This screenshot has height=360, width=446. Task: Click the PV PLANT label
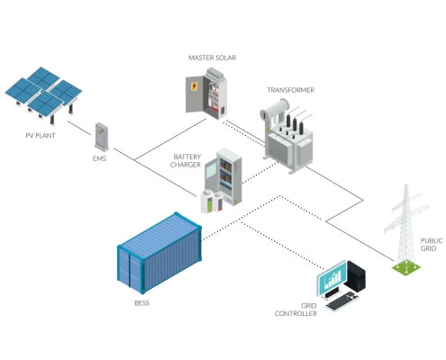(x=41, y=135)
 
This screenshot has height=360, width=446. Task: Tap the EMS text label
(x=99, y=158)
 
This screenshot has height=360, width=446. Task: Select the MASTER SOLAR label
(x=213, y=58)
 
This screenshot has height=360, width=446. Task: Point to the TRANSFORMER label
(x=291, y=90)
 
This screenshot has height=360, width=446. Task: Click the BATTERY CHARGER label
(x=186, y=161)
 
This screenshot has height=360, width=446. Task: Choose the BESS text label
(x=142, y=303)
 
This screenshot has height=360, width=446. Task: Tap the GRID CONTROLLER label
(x=296, y=310)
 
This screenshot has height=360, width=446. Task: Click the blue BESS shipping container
(x=159, y=253)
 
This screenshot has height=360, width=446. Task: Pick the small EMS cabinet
(x=102, y=137)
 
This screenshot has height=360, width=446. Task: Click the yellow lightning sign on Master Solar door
(x=195, y=86)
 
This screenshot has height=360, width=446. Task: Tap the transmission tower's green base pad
(x=406, y=267)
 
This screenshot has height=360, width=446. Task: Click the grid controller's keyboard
(x=341, y=301)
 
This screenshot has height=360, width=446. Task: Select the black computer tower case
(x=357, y=277)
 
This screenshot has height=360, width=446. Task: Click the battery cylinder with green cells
(x=206, y=202)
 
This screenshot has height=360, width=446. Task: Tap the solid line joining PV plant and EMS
(x=80, y=129)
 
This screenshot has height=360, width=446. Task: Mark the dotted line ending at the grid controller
(x=283, y=246)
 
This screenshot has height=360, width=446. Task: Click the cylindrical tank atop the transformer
(x=275, y=108)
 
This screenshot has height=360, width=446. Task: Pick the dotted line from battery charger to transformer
(x=259, y=172)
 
